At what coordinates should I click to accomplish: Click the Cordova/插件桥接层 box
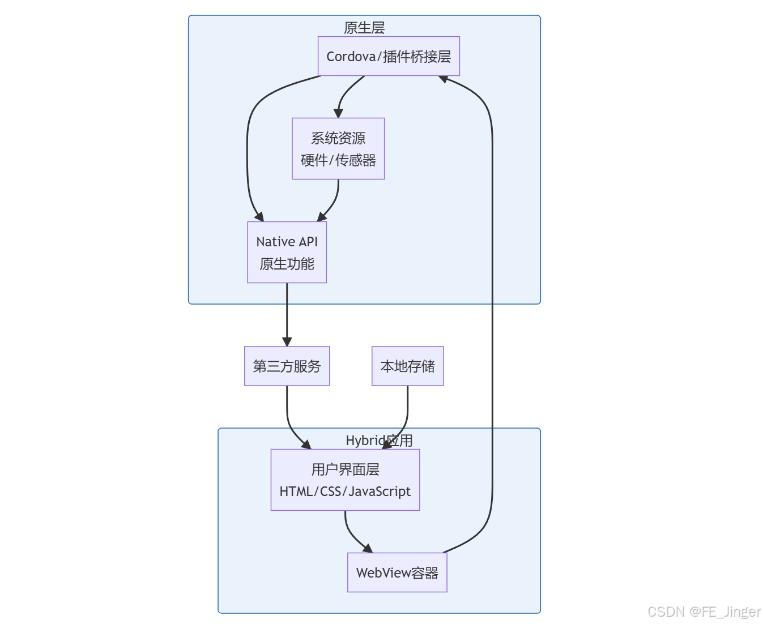(389, 56)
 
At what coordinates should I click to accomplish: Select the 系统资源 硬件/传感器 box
(338, 149)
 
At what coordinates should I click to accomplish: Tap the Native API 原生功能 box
(287, 252)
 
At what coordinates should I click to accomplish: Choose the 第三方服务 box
(287, 366)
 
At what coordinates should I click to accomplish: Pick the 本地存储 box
(407, 366)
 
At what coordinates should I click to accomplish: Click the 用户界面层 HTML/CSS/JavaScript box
(345, 480)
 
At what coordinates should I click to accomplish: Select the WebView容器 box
(397, 572)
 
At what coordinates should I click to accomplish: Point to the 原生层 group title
(364, 28)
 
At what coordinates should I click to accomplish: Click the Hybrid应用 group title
(379, 441)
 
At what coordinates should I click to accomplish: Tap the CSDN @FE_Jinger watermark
(704, 612)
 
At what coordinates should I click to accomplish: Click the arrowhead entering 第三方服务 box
(287, 341)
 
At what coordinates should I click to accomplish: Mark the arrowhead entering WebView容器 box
(368, 548)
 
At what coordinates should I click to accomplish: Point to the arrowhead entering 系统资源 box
(338, 113)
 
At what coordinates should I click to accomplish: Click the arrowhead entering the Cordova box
(444, 79)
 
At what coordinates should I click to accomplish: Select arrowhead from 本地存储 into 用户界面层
(387, 445)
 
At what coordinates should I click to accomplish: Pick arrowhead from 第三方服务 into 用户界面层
(306, 445)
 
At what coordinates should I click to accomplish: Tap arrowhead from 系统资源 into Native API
(322, 217)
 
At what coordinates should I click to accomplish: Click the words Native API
(287, 242)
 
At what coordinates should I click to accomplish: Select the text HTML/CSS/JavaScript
(345, 491)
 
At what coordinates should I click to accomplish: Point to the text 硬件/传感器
(338, 160)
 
